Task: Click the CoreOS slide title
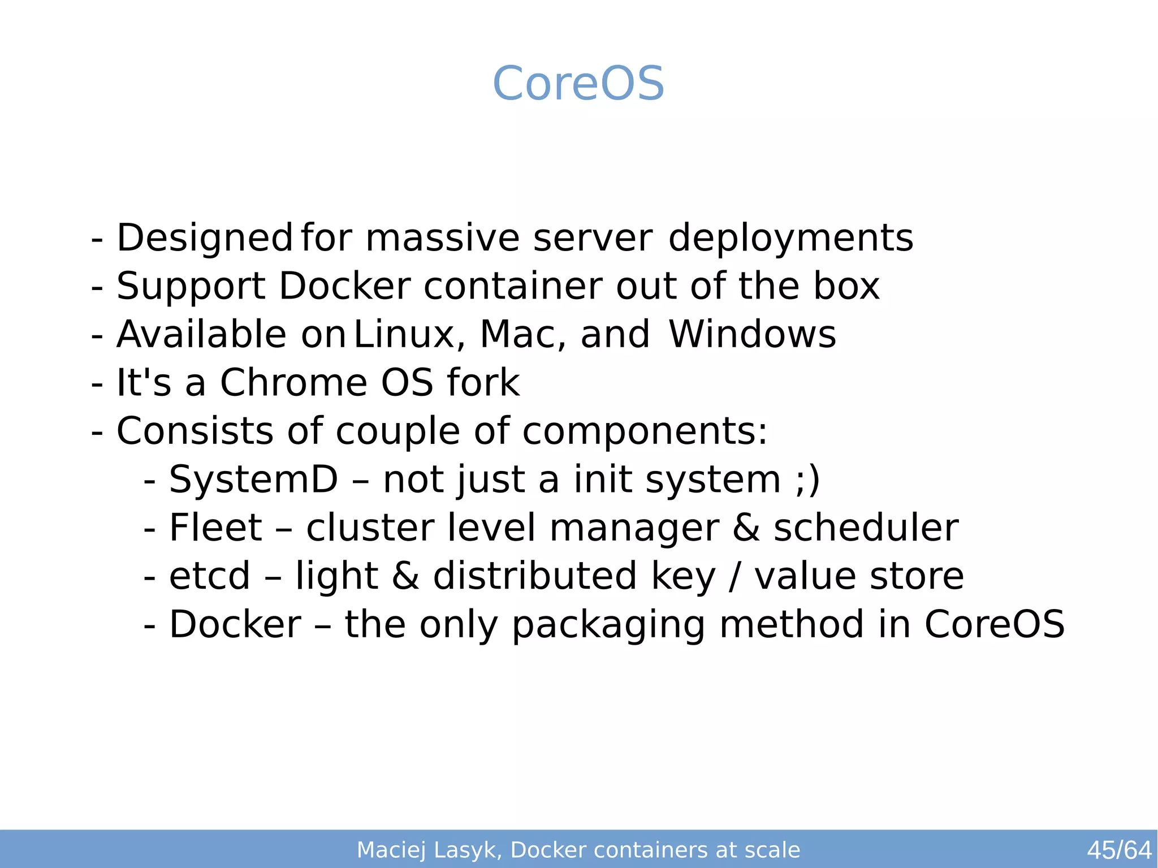click(x=578, y=84)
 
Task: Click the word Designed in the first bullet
click(x=205, y=238)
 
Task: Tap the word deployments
click(x=790, y=238)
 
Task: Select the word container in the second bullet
click(x=513, y=286)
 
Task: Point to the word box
click(x=846, y=286)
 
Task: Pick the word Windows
click(x=752, y=335)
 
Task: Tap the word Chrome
click(x=293, y=383)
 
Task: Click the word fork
click(x=483, y=383)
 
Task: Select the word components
click(x=644, y=431)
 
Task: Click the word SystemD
click(x=253, y=480)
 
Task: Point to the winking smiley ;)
click(x=807, y=480)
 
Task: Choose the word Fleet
click(x=215, y=528)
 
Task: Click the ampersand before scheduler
click(x=746, y=528)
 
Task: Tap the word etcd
click(x=209, y=576)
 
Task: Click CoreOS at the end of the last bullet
click(x=995, y=625)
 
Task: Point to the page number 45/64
click(x=1119, y=850)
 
